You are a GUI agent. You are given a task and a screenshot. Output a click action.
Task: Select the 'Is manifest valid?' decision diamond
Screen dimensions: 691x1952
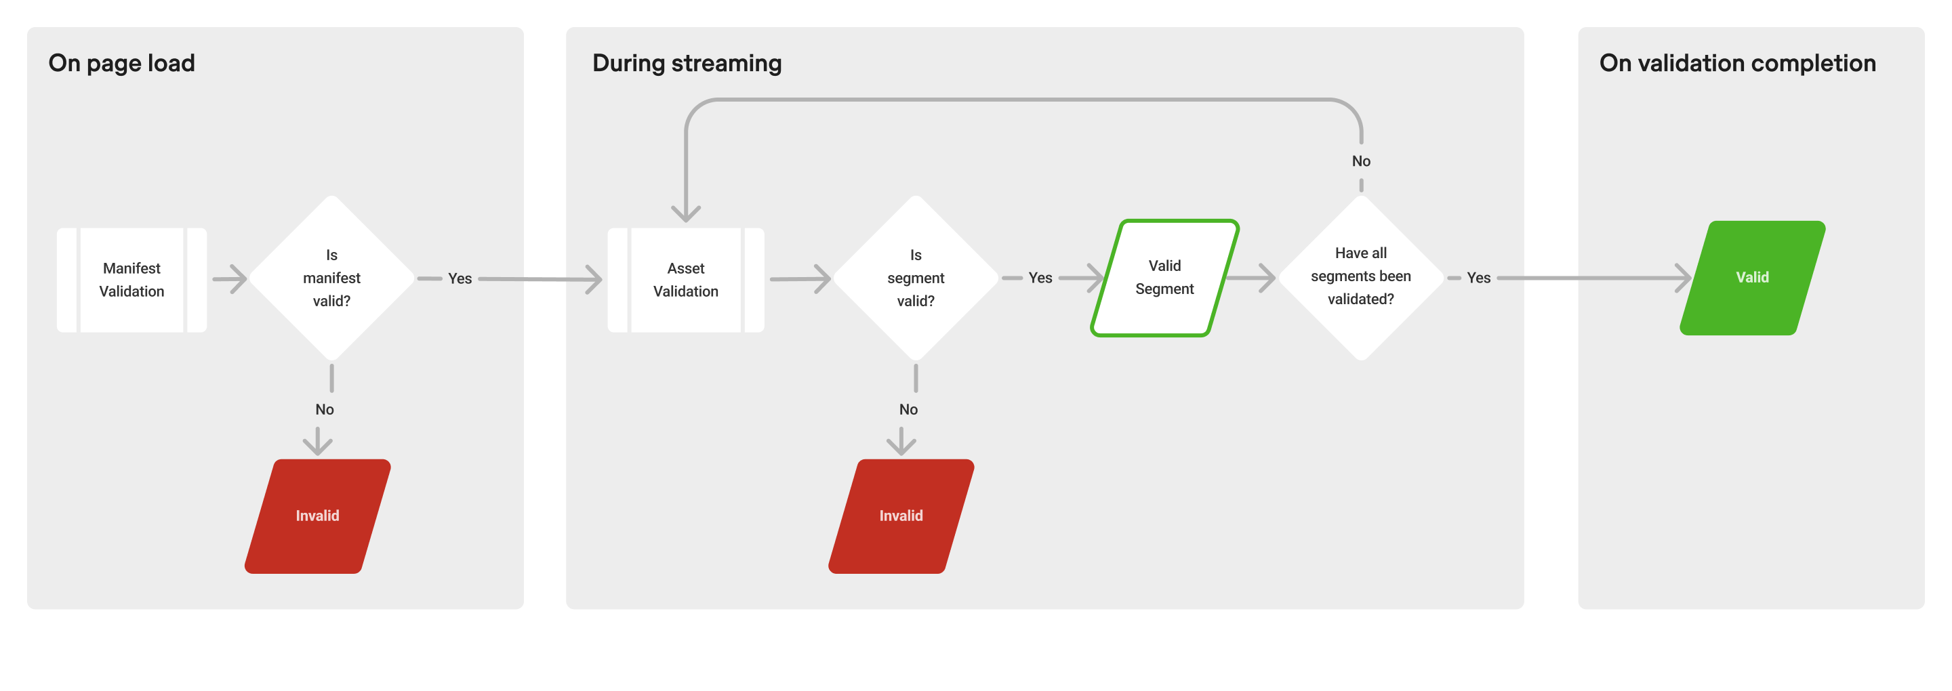point(331,278)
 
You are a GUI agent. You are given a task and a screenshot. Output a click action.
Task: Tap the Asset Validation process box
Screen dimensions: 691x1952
point(685,280)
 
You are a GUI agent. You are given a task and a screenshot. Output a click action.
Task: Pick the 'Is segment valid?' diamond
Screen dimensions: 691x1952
point(916,278)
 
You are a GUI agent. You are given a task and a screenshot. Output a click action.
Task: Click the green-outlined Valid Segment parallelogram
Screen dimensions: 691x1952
point(1164,278)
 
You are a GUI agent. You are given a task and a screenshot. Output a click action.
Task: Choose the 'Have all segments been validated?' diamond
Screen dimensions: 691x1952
point(1360,276)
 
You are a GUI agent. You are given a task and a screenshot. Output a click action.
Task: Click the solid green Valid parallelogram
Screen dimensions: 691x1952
point(1752,278)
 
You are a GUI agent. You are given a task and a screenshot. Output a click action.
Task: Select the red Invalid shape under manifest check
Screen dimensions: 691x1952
point(317,516)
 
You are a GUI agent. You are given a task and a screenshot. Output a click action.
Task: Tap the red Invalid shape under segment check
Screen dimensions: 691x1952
point(900,516)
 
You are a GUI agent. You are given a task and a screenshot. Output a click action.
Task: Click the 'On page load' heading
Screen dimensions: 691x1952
point(121,63)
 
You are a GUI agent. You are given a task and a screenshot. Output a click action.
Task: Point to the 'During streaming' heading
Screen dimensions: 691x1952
point(687,63)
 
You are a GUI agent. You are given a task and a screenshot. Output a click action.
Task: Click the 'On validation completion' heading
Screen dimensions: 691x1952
point(1736,63)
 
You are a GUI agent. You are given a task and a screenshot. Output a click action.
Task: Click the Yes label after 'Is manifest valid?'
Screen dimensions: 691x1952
point(460,279)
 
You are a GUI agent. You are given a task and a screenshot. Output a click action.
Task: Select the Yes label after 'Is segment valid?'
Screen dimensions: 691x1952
point(1040,278)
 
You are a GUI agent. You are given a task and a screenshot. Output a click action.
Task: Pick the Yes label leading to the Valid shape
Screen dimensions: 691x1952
point(1478,278)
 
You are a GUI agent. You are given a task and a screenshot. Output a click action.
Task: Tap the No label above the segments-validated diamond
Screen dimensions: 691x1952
point(1361,161)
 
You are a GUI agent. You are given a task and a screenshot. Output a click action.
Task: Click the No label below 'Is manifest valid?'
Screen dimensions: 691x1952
point(325,410)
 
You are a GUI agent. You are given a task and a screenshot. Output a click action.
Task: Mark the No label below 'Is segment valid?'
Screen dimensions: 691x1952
point(908,410)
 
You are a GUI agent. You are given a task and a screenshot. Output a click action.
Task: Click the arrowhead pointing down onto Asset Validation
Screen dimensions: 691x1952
point(686,213)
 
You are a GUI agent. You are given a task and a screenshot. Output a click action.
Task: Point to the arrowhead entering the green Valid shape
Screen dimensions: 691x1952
point(1684,278)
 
